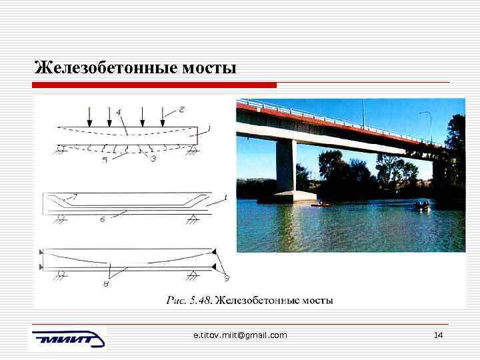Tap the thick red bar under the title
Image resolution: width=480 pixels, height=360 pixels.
click(x=154, y=85)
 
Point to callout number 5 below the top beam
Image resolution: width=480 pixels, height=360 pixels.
click(x=105, y=160)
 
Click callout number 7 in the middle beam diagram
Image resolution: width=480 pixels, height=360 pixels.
click(x=75, y=197)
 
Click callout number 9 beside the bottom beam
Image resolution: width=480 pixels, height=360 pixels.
click(x=226, y=278)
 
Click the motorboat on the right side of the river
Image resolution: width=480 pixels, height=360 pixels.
click(x=423, y=205)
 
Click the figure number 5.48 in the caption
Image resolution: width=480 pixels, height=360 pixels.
click(x=201, y=301)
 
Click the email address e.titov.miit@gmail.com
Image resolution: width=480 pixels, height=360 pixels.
click(x=239, y=335)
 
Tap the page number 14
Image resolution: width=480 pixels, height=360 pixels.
click(x=438, y=335)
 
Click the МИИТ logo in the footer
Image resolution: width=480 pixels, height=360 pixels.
click(x=67, y=338)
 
